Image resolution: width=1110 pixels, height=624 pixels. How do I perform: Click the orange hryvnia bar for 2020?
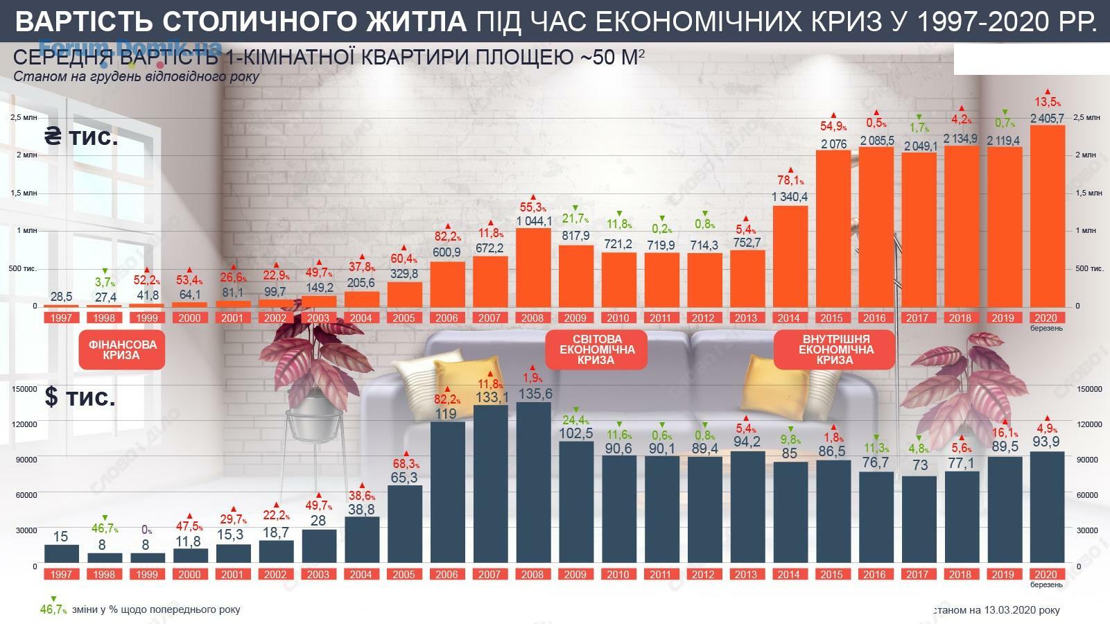(x=1047, y=215)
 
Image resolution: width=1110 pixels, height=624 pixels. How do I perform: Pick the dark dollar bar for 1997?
(x=60, y=555)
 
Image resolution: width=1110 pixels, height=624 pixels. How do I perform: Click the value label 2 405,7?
(x=1047, y=119)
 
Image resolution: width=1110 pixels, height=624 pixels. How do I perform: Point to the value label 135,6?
(x=533, y=393)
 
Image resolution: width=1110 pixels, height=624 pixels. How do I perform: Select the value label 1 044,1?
(x=533, y=220)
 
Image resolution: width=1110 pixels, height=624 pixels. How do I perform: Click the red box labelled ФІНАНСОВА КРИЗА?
(x=122, y=349)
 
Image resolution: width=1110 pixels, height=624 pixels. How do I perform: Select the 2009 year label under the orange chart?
(x=575, y=318)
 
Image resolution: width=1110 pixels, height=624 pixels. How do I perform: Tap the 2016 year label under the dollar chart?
(x=874, y=575)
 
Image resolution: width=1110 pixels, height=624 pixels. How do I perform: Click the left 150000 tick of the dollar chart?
(x=25, y=390)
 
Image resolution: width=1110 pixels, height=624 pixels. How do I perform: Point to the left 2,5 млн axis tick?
(x=24, y=118)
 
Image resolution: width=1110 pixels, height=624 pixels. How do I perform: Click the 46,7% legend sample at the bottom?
(x=53, y=609)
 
